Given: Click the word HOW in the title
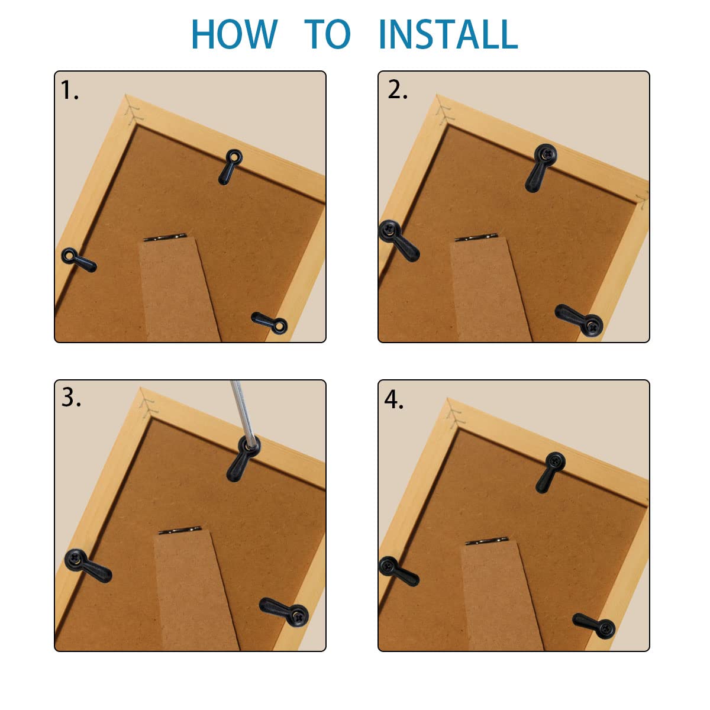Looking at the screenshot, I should [234, 34].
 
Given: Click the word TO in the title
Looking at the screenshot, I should [328, 34].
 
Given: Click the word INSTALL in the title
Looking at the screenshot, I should [447, 34].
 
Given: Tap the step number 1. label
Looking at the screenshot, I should [70, 91].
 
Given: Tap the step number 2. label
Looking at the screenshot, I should [398, 90].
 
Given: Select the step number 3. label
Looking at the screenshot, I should [71, 398].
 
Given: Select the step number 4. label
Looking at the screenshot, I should [394, 400].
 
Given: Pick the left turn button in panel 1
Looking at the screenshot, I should [79, 260].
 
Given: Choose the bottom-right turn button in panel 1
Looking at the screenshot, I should [270, 322].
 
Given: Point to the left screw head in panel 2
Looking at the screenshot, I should [389, 231].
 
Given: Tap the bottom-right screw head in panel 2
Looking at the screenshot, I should [592, 325].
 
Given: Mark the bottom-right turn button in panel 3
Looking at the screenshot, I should [285, 612].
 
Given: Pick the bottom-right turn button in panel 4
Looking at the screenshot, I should [594, 625].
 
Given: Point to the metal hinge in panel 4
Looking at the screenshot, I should [487, 541].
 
